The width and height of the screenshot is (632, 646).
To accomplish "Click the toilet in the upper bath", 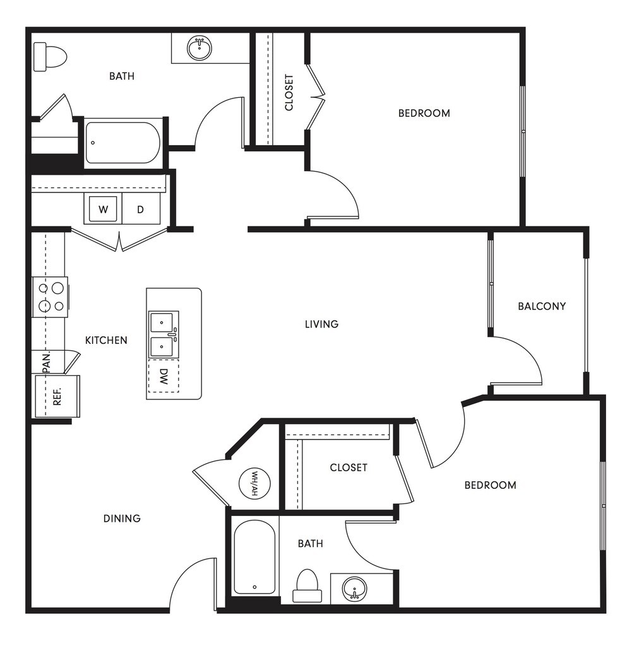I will pyautogui.click(x=50, y=56).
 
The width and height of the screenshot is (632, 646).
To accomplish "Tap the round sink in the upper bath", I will pyautogui.click(x=200, y=48).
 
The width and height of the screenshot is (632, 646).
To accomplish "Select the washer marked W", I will pyautogui.click(x=102, y=209).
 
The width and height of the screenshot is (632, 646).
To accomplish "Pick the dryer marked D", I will pyautogui.click(x=141, y=209).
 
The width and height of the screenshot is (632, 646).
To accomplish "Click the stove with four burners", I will pyautogui.click(x=51, y=297).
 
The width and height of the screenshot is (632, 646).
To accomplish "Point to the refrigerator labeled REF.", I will pyautogui.click(x=57, y=396).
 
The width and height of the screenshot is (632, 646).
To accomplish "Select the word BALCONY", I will pyautogui.click(x=542, y=307).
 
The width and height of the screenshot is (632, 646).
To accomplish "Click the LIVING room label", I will pyautogui.click(x=321, y=324).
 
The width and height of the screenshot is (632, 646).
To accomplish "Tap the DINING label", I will pyautogui.click(x=122, y=519).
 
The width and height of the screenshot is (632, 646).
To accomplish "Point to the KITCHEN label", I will pyautogui.click(x=106, y=340).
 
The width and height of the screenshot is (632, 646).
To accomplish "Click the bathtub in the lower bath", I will pyautogui.click(x=254, y=557).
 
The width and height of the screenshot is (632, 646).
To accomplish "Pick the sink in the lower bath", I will pyautogui.click(x=355, y=590).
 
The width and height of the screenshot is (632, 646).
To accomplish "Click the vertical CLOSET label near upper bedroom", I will pyautogui.click(x=289, y=93).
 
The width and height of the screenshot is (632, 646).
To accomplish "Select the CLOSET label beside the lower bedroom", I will pyautogui.click(x=349, y=467).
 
